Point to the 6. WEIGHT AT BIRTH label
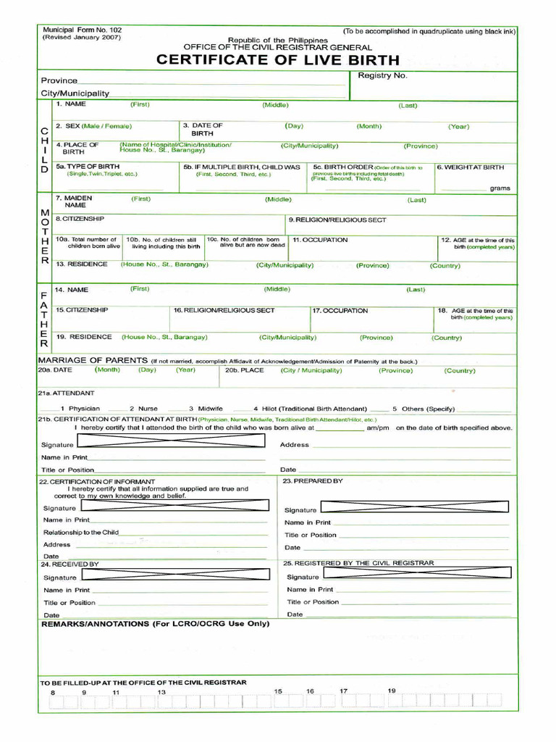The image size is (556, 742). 470,167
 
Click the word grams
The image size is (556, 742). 500,188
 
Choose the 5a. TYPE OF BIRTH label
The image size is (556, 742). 88,167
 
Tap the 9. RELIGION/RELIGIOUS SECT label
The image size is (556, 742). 337,220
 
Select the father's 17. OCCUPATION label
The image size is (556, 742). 340,311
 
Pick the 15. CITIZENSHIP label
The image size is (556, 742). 82,310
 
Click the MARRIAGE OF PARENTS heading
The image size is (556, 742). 93,360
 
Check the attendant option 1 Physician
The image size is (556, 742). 80,409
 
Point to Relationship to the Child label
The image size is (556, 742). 80,533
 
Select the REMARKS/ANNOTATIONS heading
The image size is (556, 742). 155,624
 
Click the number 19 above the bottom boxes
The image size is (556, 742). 392,691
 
